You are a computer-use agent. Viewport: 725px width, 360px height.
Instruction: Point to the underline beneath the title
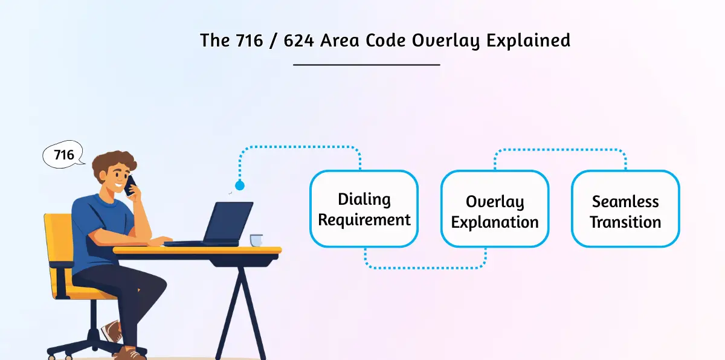tap(366, 64)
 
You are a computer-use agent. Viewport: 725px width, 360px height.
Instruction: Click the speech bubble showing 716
tap(63, 155)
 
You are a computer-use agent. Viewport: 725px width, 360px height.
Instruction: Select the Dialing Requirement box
tap(364, 209)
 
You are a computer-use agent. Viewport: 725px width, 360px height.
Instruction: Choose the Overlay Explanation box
tap(494, 209)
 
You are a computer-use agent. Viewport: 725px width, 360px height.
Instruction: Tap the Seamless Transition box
tap(625, 209)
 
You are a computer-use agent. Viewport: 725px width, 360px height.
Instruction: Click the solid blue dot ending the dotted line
tap(240, 185)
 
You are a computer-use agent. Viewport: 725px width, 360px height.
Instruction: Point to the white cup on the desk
tap(256, 240)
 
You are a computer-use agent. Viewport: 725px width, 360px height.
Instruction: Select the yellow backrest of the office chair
tap(57, 248)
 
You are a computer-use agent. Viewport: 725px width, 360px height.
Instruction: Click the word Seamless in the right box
tap(625, 201)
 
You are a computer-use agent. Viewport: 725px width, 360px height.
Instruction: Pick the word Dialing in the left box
tap(364, 199)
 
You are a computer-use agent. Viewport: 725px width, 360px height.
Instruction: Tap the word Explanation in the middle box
tap(494, 222)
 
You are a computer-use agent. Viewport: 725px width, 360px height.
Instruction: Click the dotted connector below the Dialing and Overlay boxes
tap(425, 267)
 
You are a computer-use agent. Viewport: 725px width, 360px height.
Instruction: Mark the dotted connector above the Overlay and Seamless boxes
tap(560, 149)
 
